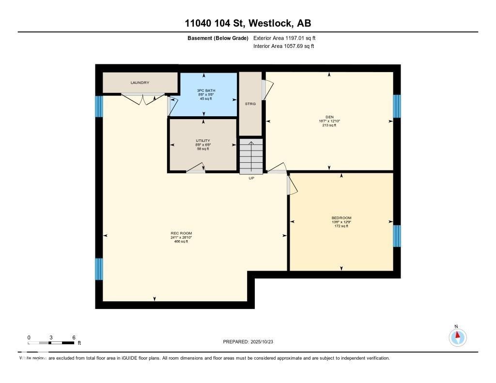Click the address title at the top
tap(248, 23)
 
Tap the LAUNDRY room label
tap(139, 83)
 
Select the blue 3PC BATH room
tap(204, 94)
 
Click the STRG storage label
tap(250, 104)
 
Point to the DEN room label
tap(329, 117)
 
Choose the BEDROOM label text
tap(341, 218)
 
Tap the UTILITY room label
tap(202, 140)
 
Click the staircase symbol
tap(251, 156)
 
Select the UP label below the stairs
tap(251, 178)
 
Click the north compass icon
tap(457, 337)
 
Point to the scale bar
tap(51, 342)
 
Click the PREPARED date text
tap(251, 342)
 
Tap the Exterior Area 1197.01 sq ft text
tap(284, 38)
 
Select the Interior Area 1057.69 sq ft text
tap(283, 46)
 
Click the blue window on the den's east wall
tap(397, 106)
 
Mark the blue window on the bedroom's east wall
tap(397, 236)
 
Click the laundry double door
tap(142, 98)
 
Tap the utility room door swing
tap(195, 168)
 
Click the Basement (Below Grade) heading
tap(218, 38)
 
